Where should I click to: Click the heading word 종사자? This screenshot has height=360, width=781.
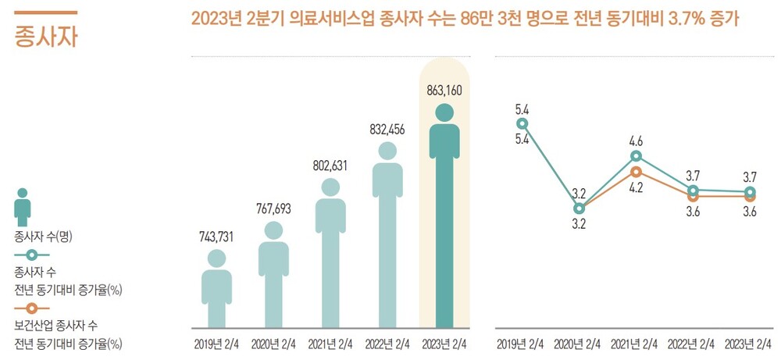46,36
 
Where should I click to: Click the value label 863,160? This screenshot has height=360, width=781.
444,90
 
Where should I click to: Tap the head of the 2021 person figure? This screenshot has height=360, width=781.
330,187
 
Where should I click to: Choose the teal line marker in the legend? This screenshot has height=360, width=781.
31,255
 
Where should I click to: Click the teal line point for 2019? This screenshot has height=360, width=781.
522,123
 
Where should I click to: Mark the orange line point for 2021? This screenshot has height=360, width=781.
636,172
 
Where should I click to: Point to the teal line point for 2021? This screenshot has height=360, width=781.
636,156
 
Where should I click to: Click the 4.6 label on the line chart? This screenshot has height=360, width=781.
636,141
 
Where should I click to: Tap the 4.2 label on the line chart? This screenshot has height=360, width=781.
636,187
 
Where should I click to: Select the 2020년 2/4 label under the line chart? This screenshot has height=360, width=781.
579,344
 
